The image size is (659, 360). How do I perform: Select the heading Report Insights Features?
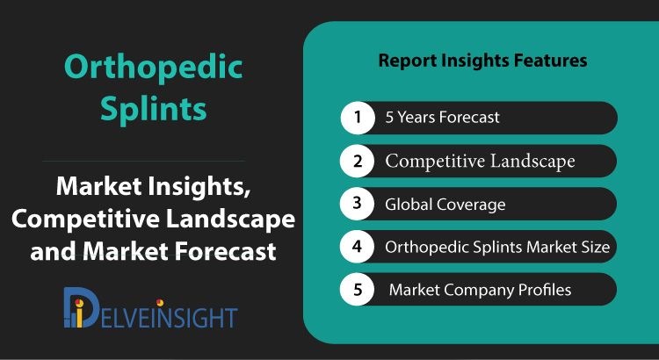(482, 61)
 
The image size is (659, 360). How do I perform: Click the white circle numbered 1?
(358, 117)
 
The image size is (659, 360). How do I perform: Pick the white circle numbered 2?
(358, 161)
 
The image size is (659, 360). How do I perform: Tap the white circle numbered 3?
(358, 204)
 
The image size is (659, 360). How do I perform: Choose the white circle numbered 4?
(358, 247)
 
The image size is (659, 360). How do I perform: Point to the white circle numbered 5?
(358, 290)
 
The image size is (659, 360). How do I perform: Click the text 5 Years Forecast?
(443, 117)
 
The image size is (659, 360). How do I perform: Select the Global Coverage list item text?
(445, 205)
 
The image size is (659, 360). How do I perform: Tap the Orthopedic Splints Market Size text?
(497, 247)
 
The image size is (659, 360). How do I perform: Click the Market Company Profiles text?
(480, 290)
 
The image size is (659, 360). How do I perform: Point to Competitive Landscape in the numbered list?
(480, 162)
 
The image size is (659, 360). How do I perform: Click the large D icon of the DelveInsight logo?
(81, 307)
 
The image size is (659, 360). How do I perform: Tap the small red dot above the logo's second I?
(160, 302)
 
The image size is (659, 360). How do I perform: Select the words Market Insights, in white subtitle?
(154, 187)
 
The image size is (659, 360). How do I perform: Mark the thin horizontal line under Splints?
(143, 161)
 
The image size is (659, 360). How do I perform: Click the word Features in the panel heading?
(551, 61)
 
